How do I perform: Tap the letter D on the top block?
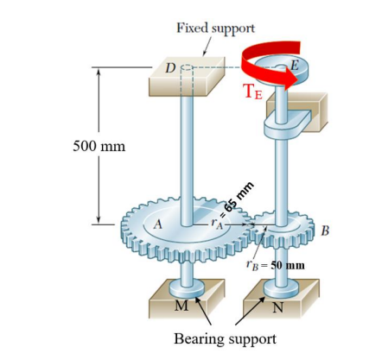click(x=170, y=66)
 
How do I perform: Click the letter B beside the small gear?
click(x=325, y=230)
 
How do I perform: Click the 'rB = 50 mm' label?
click(x=275, y=264)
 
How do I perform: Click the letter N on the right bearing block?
click(x=277, y=309)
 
